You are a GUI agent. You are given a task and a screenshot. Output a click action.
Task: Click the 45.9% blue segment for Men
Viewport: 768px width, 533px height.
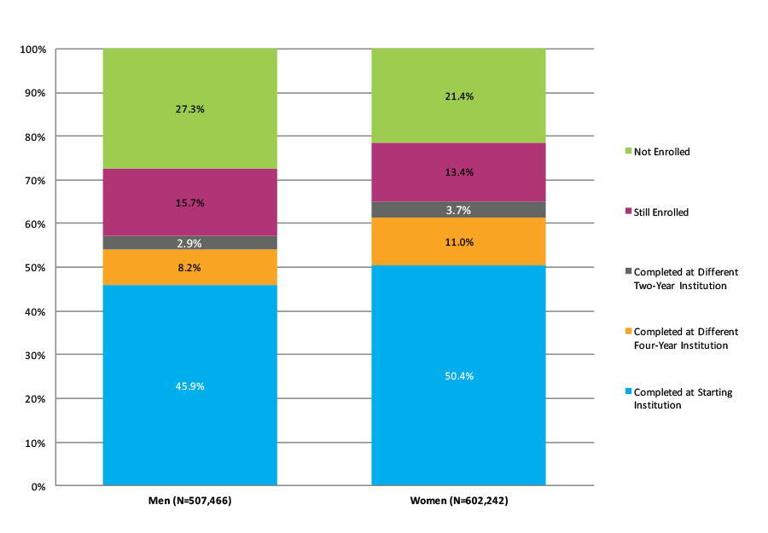point(189,385)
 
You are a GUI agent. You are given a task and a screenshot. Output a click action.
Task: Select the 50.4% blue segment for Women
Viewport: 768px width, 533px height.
point(458,375)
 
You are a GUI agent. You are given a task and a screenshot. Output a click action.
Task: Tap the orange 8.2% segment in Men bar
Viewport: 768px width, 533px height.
point(189,267)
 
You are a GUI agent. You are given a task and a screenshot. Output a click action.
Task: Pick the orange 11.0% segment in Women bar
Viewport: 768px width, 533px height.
point(458,241)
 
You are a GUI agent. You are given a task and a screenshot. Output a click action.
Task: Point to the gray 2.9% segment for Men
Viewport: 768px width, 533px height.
point(189,243)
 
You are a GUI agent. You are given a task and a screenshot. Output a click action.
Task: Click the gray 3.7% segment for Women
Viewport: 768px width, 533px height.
point(458,210)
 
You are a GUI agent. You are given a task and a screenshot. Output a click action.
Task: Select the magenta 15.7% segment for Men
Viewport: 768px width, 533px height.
point(189,202)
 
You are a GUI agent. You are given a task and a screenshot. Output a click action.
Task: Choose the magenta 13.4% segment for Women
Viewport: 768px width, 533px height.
point(458,172)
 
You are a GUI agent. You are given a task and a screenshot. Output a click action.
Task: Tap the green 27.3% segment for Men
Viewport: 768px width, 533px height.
point(189,109)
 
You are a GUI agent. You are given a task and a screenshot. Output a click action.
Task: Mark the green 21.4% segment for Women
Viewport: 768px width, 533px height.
point(458,96)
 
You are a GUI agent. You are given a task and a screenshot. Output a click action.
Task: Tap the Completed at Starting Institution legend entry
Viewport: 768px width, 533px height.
point(680,398)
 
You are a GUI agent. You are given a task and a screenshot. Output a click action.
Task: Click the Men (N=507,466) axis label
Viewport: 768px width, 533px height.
point(189,501)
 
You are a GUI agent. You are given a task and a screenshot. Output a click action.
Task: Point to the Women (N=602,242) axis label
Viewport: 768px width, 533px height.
point(458,501)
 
